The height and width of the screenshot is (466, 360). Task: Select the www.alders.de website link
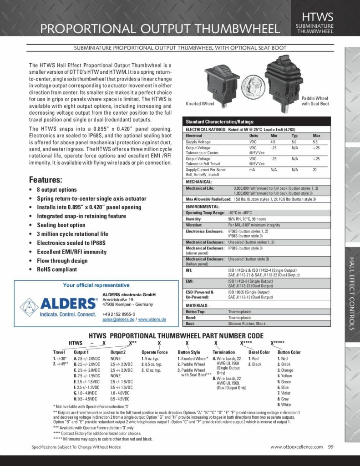[152, 319]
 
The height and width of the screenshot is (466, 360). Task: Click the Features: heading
[46, 179]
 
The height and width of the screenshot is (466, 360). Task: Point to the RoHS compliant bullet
[57, 269]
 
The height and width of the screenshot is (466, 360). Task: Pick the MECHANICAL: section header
[199, 181]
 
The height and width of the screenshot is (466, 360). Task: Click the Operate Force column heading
[154, 352]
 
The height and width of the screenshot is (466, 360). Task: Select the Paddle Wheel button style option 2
[193, 365]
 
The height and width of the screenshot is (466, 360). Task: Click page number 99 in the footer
[331, 447]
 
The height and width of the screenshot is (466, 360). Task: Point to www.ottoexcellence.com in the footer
[297, 447]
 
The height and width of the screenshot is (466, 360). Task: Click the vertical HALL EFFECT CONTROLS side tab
[352, 296]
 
